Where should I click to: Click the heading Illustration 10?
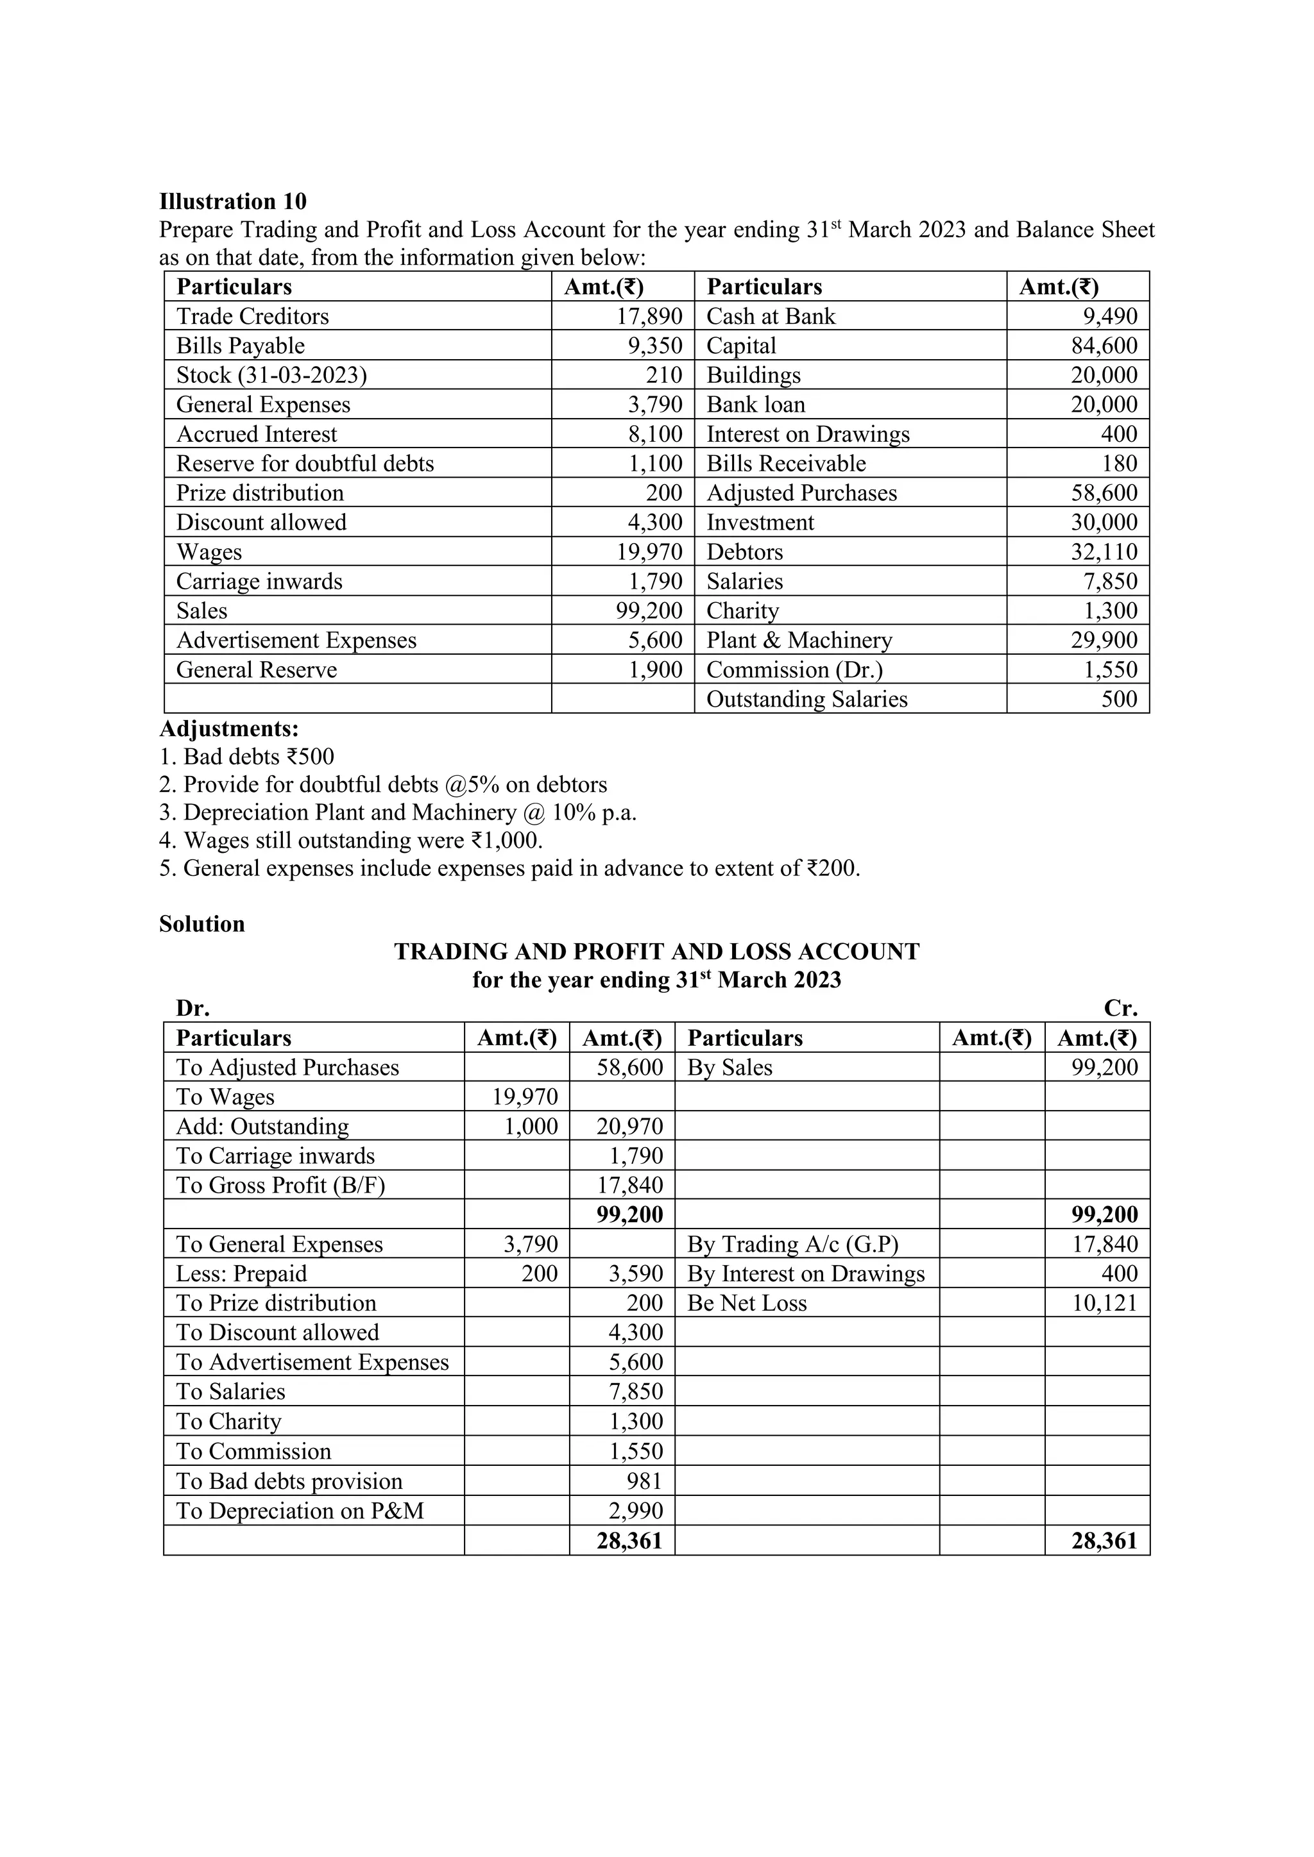click(x=233, y=201)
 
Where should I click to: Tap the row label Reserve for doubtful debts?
click(x=305, y=464)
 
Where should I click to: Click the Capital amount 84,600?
click(x=1104, y=346)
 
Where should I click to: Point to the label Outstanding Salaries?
click(x=806, y=700)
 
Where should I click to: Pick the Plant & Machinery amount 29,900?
click(x=1104, y=641)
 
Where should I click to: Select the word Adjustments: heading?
click(x=229, y=728)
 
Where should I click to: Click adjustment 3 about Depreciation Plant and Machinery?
click(x=398, y=812)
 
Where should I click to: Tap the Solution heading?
click(x=201, y=923)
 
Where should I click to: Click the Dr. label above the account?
click(x=192, y=1009)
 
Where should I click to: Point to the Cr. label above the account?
click(x=1121, y=1009)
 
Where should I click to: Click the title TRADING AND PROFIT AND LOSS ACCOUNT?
click(x=656, y=951)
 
